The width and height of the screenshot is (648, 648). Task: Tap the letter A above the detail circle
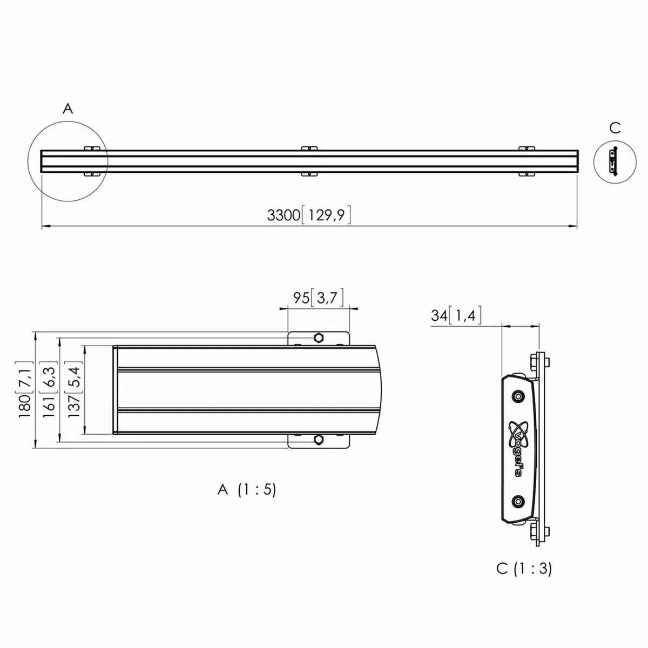pos(67,109)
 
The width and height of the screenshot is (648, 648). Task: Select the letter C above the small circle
pos(615,128)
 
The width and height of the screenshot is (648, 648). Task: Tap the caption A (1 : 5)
pos(246,490)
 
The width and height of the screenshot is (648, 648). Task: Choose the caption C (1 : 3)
pos(524,569)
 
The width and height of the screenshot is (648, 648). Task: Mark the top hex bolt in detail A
pos(319,338)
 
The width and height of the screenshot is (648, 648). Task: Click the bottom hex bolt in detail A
pos(319,440)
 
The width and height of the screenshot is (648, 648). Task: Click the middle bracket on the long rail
pos(308,160)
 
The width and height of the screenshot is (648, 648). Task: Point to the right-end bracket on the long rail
pos(526,160)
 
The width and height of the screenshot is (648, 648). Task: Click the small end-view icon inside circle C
pos(612,160)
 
